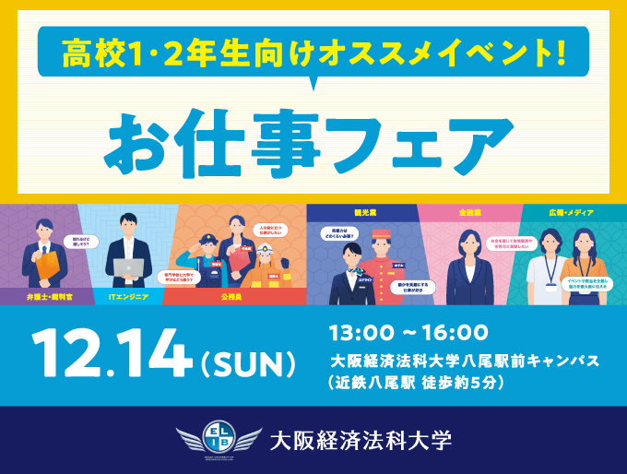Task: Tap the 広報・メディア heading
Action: (x=569, y=212)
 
